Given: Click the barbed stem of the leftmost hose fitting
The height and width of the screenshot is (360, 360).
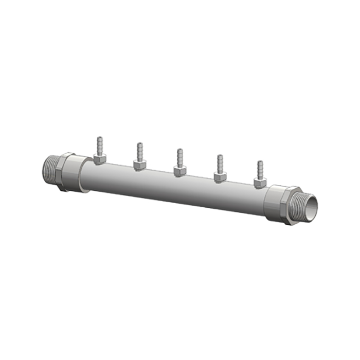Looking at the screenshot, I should [99, 145].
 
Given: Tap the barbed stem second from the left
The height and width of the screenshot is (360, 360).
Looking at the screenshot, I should [139, 151].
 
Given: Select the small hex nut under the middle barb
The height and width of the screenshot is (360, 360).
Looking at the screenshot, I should [179, 170].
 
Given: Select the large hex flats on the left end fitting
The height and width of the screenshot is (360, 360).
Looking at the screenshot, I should [66, 171].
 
